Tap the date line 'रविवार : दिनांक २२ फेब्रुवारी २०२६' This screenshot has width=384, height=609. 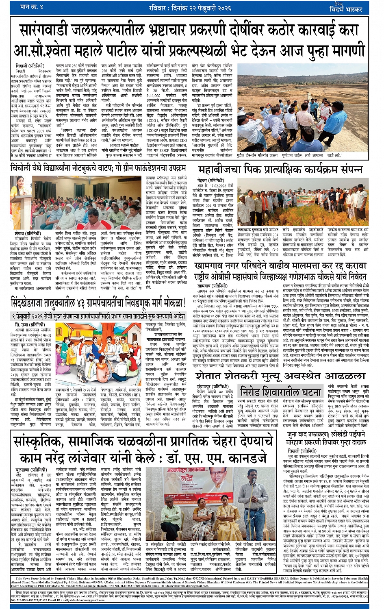point(190,8)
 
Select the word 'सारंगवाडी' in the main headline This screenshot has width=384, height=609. point(50,30)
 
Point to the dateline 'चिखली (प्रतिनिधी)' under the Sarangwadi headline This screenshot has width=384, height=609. point(27,66)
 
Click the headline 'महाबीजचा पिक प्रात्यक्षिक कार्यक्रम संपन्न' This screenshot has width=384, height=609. point(280,169)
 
